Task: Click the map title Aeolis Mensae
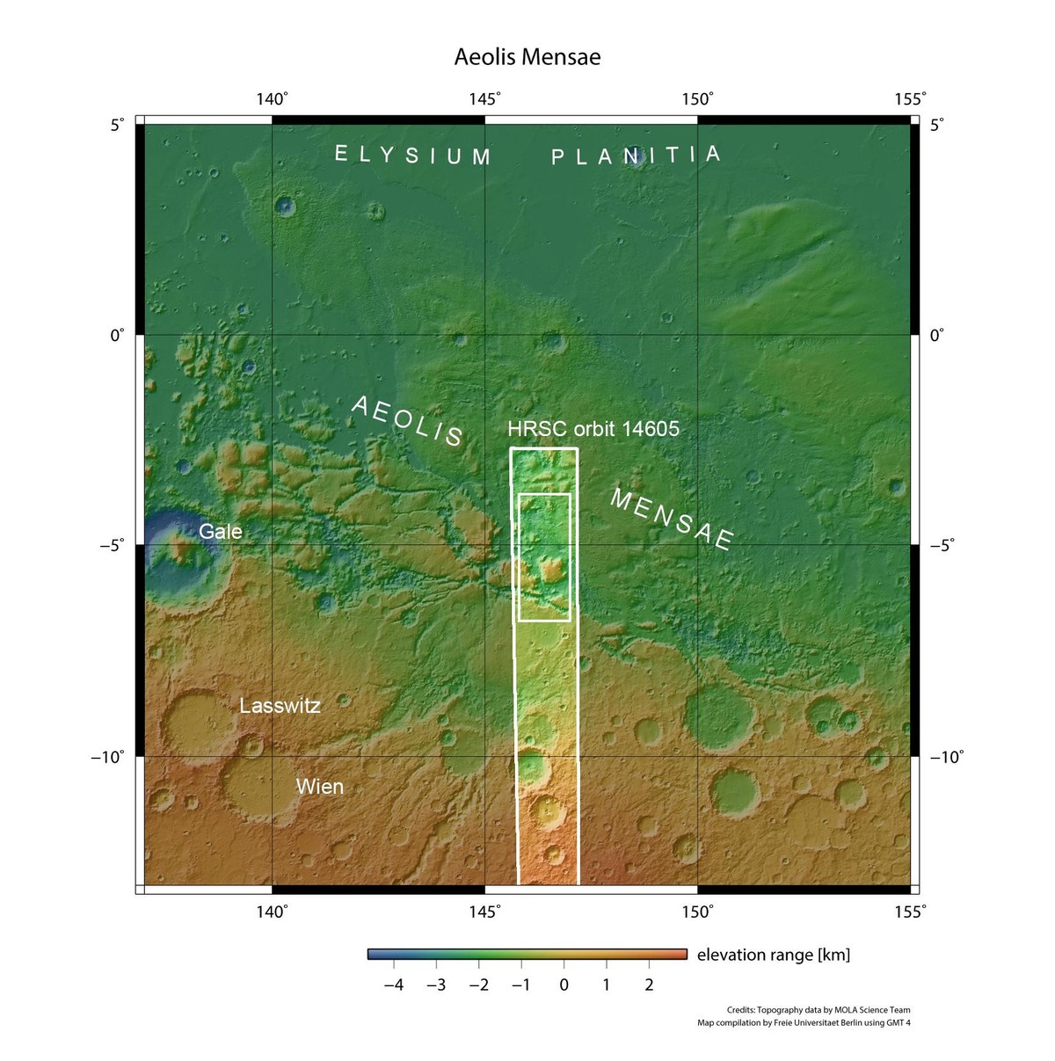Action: pos(527,57)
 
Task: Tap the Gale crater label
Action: pos(220,532)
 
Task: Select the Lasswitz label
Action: pos(280,705)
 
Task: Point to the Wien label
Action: pos(320,786)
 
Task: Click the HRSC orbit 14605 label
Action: pos(593,430)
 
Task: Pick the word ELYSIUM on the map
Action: pos(412,156)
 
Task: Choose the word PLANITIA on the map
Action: pos(636,156)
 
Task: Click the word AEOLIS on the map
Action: pos(408,420)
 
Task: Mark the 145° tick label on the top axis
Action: pos(484,98)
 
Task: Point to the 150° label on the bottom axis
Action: pos(697,912)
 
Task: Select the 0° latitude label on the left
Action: pos(116,335)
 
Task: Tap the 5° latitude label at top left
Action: pos(118,124)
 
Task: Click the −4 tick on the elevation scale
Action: pos(394,985)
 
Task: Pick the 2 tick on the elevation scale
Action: pos(649,985)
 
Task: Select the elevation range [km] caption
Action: pos(773,955)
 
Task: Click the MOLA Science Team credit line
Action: pos(818,1010)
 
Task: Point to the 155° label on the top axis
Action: pos(910,98)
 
